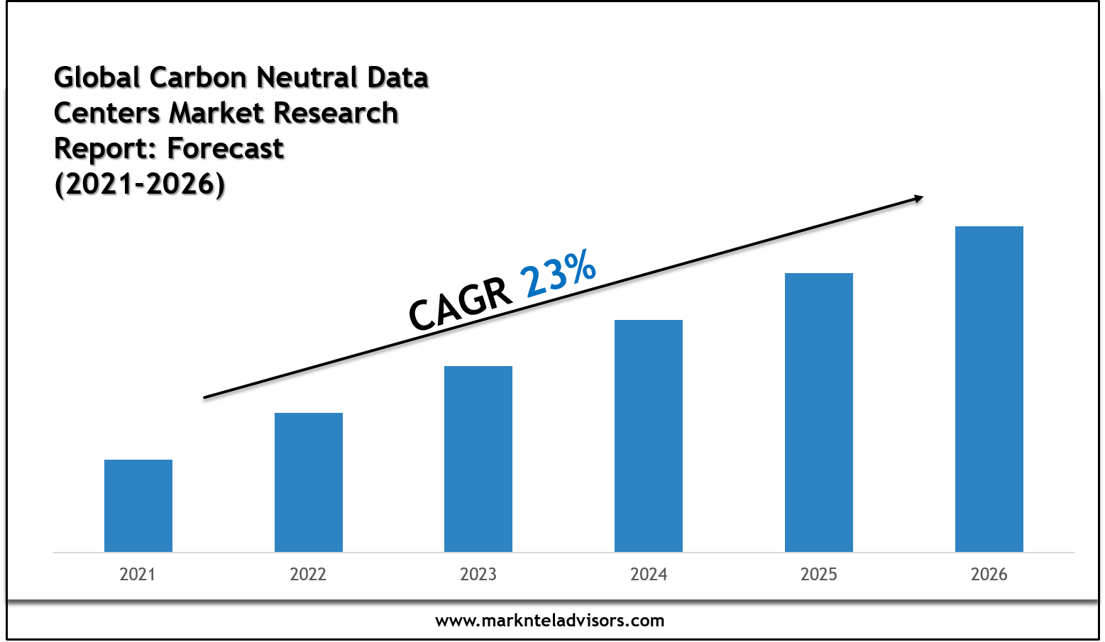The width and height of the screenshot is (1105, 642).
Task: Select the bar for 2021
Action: tap(138, 505)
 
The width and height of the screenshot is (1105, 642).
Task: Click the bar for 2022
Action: tap(309, 482)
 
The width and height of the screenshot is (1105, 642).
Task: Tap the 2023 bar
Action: tap(478, 458)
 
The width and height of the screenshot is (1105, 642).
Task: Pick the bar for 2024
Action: tap(649, 435)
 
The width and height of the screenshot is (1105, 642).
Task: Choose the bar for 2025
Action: tap(819, 411)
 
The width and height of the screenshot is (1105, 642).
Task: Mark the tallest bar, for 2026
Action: tap(989, 388)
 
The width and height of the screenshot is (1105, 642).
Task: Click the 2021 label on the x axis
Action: tap(138, 574)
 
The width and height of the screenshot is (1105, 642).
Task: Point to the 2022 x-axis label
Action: tap(308, 574)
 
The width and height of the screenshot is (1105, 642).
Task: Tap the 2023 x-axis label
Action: tap(478, 574)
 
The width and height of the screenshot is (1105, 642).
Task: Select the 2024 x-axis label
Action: tap(649, 574)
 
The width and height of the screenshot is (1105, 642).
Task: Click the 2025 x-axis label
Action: tap(819, 574)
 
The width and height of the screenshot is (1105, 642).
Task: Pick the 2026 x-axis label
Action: tap(989, 574)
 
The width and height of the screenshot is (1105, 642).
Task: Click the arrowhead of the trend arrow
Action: tap(918, 199)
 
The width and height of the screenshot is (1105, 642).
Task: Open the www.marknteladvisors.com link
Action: tap(550, 621)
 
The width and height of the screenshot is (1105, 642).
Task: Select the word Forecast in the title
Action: tap(226, 148)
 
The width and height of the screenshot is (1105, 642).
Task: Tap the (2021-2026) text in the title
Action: tap(140, 184)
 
